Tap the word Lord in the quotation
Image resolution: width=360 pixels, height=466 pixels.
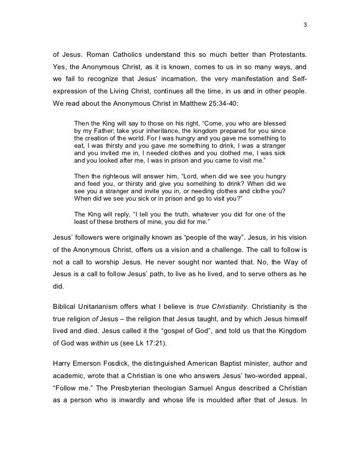tap(193, 176)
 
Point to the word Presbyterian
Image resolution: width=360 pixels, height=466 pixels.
tap(127, 389)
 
